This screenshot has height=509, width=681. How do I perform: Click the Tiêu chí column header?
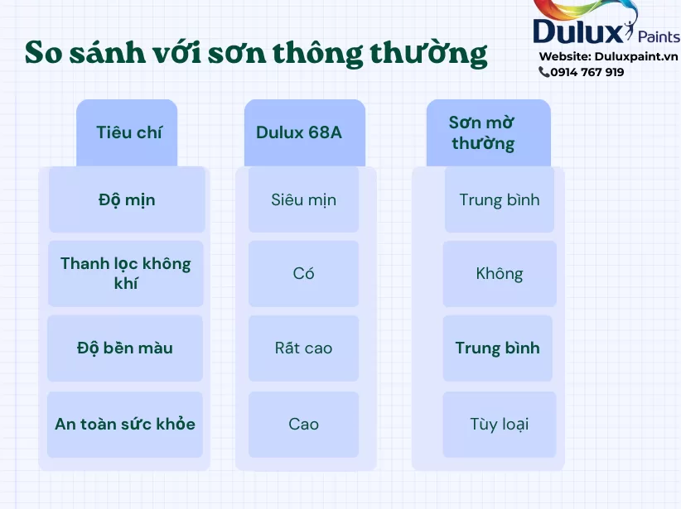click(127, 132)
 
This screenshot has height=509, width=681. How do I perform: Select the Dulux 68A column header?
click(304, 132)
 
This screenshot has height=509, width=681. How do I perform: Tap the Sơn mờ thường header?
click(488, 132)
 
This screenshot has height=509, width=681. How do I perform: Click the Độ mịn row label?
click(127, 199)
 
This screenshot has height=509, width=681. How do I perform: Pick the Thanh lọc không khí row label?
click(126, 273)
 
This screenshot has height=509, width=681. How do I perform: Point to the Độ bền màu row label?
click(125, 348)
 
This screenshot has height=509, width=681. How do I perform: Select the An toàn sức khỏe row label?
click(125, 424)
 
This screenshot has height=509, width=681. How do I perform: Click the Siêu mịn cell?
click(303, 199)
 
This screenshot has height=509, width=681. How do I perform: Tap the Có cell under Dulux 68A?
click(303, 273)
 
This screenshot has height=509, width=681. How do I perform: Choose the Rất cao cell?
click(303, 348)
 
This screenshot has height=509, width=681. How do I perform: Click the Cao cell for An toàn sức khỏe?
click(303, 424)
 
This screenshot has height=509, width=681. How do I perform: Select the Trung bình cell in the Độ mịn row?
click(500, 199)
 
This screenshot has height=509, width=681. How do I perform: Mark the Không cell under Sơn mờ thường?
click(500, 273)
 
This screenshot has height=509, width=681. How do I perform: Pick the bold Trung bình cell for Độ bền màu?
click(498, 348)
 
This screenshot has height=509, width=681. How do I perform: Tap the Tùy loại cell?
click(500, 424)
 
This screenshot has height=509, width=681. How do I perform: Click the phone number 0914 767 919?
click(587, 72)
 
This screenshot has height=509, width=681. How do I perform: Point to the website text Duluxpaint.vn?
click(636, 56)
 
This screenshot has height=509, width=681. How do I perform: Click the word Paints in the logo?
click(659, 37)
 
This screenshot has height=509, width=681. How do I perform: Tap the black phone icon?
click(543, 72)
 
